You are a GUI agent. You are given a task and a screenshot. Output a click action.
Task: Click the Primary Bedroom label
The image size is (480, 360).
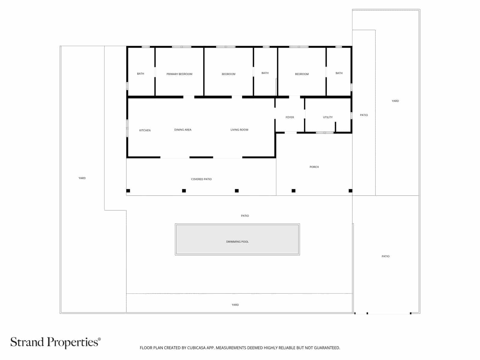click(179, 74)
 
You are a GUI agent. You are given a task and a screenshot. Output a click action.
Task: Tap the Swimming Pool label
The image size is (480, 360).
click(237, 242)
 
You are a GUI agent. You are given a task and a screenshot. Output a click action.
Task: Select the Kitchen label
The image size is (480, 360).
click(145, 130)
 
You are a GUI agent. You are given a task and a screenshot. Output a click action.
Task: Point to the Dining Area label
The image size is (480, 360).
click(183, 130)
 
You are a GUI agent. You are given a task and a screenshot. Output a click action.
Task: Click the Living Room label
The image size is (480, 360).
click(239, 130)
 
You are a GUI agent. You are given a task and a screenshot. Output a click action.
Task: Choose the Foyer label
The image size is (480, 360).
click(290, 117)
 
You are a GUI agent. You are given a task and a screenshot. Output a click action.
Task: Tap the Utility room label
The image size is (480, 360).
click(328, 117)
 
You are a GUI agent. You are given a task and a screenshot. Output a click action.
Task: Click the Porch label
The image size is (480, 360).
click(314, 167)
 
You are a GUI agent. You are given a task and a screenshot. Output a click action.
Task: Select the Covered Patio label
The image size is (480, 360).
click(201, 179)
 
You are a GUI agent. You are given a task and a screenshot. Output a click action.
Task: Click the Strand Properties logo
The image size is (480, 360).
click(55, 342)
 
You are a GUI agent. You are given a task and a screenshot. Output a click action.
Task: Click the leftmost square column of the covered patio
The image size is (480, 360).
click(128, 191)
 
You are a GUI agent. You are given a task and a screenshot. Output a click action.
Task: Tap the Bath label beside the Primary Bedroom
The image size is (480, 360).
click(140, 74)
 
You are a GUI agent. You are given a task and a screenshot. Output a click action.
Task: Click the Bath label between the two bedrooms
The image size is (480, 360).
click(265, 73)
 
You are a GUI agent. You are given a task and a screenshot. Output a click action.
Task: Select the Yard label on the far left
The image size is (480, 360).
click(82, 178)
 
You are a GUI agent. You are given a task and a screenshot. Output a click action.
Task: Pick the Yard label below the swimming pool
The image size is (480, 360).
click(235, 305)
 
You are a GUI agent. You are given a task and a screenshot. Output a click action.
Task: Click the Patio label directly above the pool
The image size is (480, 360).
click(245, 216)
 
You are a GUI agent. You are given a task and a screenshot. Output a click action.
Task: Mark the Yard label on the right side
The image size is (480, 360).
click(395, 101)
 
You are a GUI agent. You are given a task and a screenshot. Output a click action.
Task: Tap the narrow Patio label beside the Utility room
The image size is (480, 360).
click(364, 115)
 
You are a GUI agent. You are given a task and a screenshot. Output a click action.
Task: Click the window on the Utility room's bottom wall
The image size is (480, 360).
click(325, 133)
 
